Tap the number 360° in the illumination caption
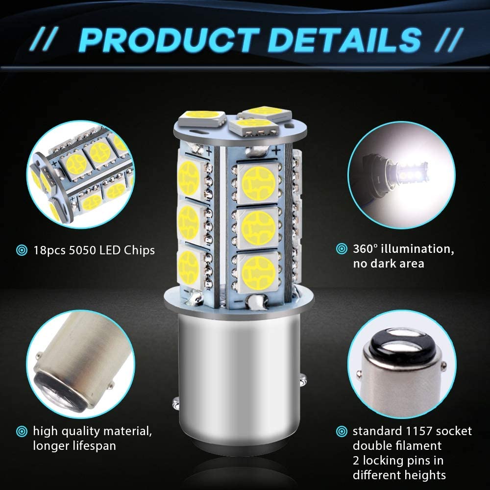click(x=365, y=249)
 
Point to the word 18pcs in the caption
click(x=49, y=250)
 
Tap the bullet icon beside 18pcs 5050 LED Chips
click(x=22, y=250)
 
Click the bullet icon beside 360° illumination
click(x=342, y=249)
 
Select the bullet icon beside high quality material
click(x=22, y=432)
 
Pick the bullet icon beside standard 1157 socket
click(x=342, y=432)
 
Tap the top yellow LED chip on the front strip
click(x=258, y=183)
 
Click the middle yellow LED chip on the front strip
click(x=258, y=227)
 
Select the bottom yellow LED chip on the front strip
click(x=258, y=272)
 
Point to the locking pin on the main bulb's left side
click(x=176, y=404)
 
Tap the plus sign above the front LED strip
click(x=276, y=151)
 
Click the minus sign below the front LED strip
click(x=238, y=302)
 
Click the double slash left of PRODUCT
click(x=44, y=40)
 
